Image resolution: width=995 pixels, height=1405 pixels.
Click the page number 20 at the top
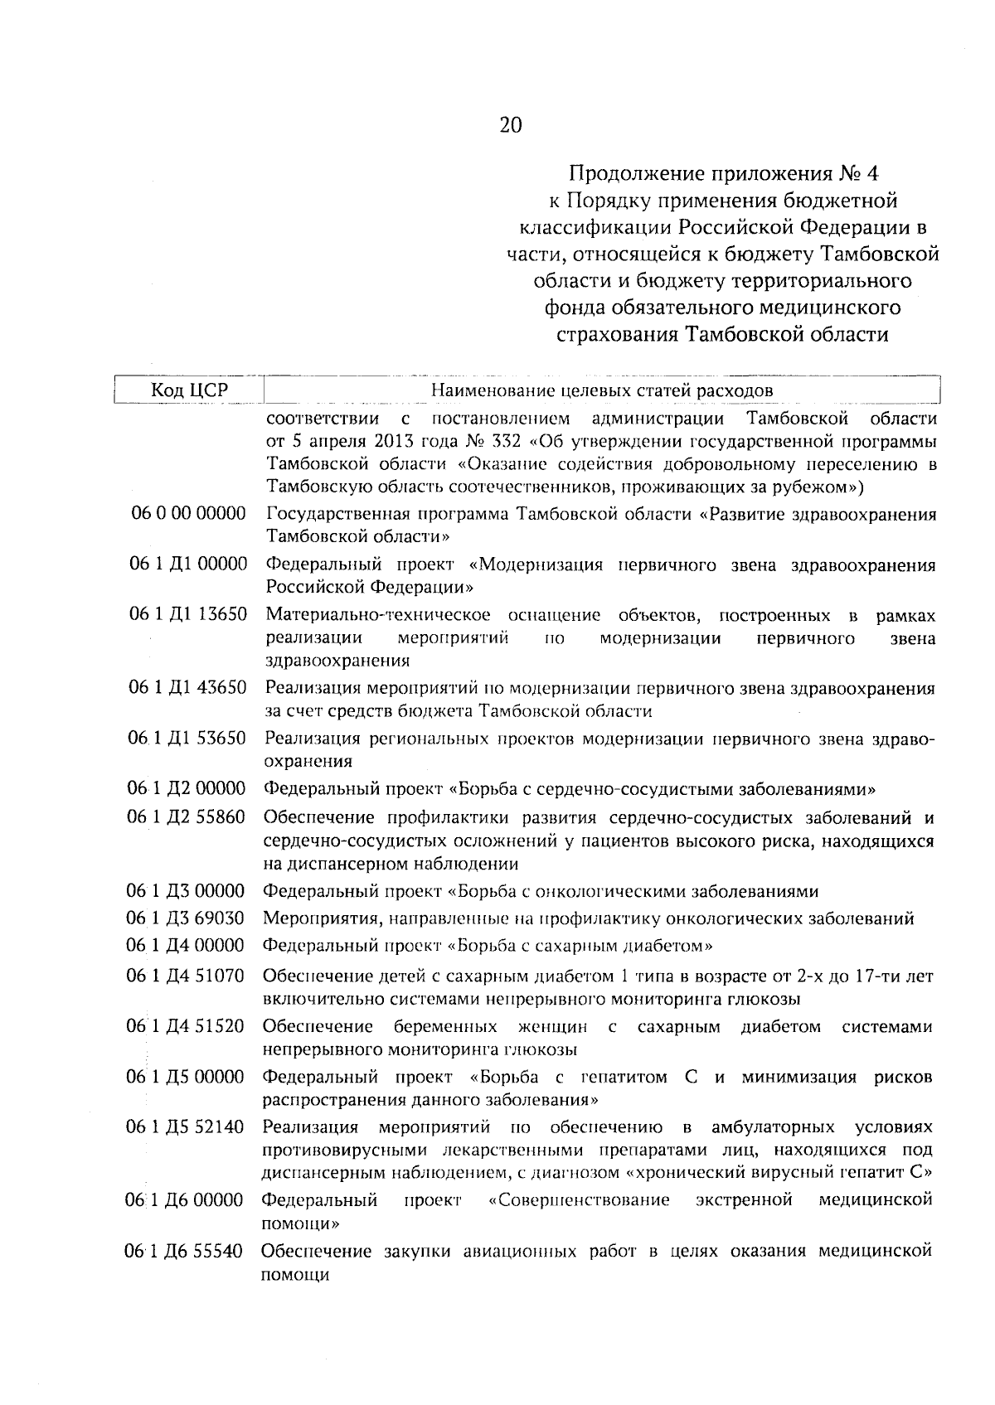[x=511, y=125]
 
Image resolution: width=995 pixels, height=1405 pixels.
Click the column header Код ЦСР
[x=189, y=390]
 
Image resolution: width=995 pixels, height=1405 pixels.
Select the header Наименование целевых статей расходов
[x=602, y=390]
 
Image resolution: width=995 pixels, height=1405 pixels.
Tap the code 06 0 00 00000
[x=189, y=514]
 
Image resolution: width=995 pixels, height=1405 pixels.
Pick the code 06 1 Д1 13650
[x=189, y=615]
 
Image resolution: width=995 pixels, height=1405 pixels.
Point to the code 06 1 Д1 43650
[x=189, y=688]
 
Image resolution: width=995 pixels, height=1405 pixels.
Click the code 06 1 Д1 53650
[x=188, y=738]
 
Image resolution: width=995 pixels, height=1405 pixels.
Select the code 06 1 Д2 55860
[x=187, y=817]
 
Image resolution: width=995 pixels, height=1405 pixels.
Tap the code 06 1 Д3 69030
[x=186, y=918]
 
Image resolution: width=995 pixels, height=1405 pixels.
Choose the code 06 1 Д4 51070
[x=186, y=976]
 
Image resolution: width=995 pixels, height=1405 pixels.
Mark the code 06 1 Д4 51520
[x=186, y=1027]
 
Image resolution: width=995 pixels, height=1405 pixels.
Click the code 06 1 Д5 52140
[x=185, y=1127]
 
